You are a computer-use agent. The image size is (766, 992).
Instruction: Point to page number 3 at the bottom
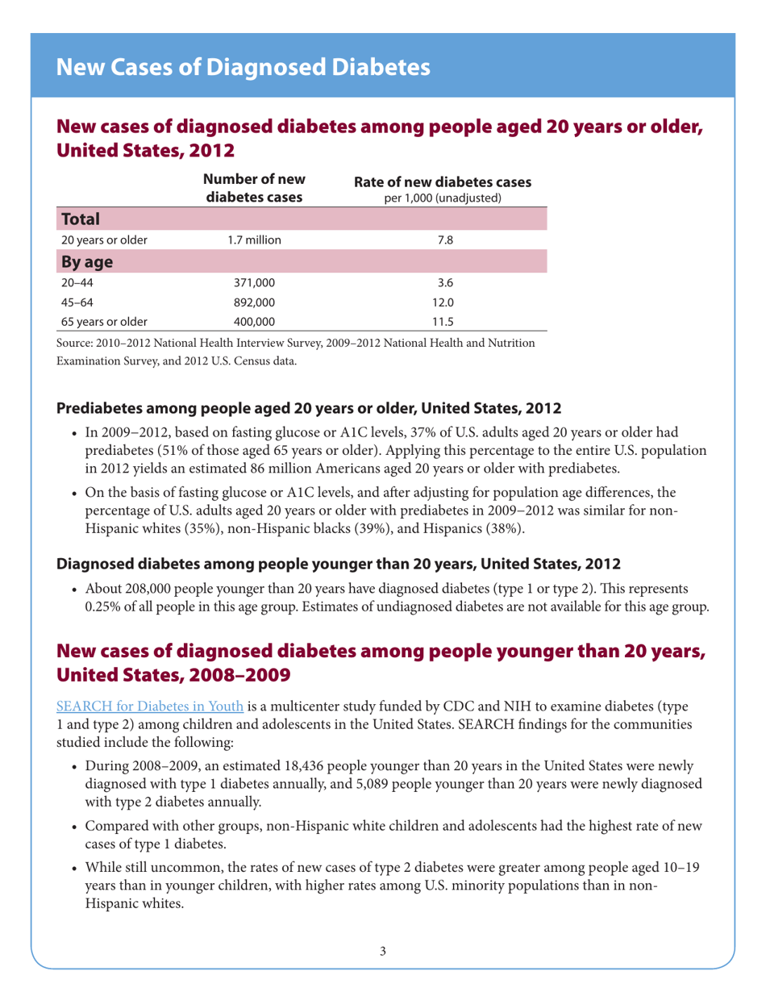(x=383, y=952)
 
